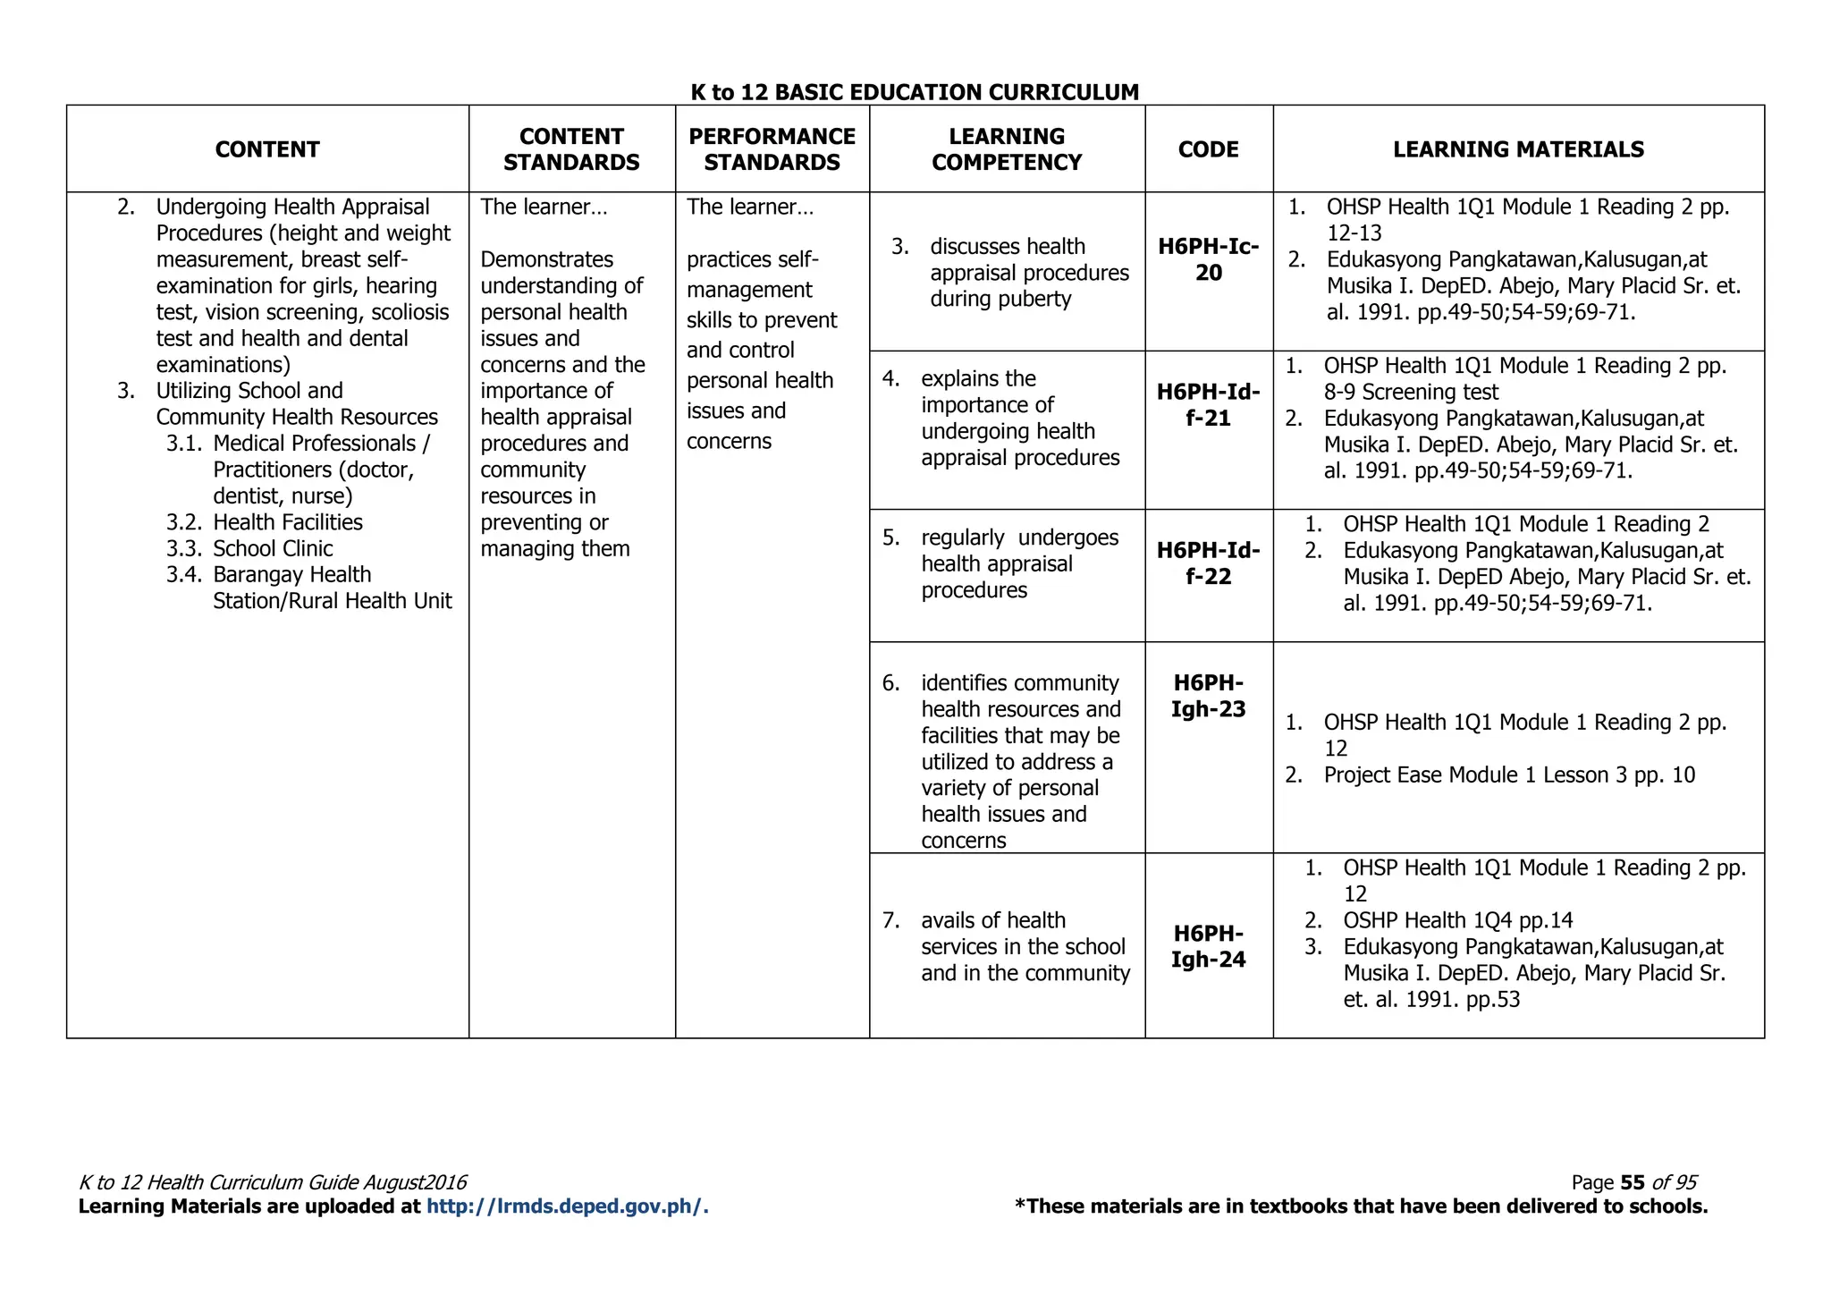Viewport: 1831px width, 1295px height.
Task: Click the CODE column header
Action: pos(1208,149)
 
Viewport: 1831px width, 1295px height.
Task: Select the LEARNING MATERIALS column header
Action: pos(1518,149)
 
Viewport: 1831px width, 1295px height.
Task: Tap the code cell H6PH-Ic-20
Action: pos(1208,259)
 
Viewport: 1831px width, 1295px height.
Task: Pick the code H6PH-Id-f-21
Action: pos(1208,405)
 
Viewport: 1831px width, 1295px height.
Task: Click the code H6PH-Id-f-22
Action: pos(1208,563)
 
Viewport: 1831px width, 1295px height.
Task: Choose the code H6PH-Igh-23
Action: pos(1208,696)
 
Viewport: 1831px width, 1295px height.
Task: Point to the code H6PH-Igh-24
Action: pos(1208,946)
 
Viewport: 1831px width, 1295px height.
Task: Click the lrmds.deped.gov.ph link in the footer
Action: pos(567,1206)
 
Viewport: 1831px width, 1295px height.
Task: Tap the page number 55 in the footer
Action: pos(1632,1182)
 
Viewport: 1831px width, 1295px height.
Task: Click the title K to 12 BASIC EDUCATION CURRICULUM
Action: pos(915,92)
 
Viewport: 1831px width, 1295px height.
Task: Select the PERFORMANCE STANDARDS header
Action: pos(772,149)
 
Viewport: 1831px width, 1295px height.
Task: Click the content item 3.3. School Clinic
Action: pos(272,548)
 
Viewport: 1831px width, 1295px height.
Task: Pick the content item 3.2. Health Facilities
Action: pos(287,522)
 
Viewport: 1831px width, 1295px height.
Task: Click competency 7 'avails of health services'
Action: pos(1025,946)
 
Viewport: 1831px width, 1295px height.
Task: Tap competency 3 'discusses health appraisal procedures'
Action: pos(1028,272)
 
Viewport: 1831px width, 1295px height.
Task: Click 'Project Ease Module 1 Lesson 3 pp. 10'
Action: pos(1508,775)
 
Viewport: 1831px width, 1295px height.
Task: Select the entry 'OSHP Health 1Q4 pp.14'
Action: pos(1457,920)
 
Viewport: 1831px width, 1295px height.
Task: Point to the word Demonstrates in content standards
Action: pos(546,259)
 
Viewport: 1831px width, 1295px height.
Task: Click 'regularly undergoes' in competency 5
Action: pos(1019,537)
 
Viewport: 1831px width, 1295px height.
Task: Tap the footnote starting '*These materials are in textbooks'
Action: pos(1361,1206)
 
